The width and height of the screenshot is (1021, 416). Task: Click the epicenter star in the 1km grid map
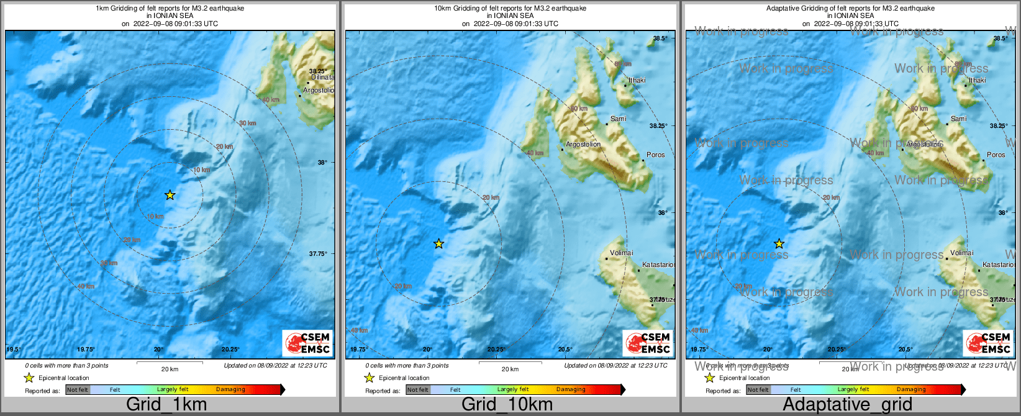pos(170,195)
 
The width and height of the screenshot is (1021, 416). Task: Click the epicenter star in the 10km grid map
pos(438,244)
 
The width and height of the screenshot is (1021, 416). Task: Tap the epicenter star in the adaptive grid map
pos(779,244)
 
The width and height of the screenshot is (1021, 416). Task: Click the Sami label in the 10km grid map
pos(619,119)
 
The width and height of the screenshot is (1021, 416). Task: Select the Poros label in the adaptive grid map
pos(996,155)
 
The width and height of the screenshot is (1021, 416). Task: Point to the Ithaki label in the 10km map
pos(637,80)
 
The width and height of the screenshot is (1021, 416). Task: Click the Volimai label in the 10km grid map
pos(622,253)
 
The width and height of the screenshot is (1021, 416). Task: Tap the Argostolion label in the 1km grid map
pos(319,90)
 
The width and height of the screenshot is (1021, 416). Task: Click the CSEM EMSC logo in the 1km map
pos(307,343)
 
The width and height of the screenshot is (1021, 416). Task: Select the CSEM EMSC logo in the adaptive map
pos(988,343)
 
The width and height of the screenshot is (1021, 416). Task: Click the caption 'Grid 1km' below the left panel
pos(166,405)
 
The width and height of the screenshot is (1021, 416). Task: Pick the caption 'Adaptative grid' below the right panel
pos(847,405)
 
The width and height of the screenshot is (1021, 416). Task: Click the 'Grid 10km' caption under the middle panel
pos(507,405)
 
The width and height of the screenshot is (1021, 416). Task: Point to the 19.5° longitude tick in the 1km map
pos(14,350)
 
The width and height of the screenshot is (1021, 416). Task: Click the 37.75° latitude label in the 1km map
pos(318,254)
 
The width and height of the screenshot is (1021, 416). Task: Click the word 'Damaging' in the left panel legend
pos(230,390)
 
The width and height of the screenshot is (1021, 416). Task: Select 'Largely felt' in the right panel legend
pos(853,390)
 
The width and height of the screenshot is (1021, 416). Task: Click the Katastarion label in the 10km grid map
pos(658,265)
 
